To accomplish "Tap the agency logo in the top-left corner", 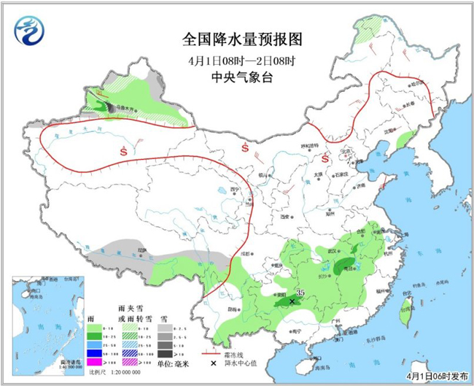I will point(30,31).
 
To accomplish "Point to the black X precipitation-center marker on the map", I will point(292,301).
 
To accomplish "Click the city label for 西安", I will point(285,217).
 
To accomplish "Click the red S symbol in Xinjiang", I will point(123,151).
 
